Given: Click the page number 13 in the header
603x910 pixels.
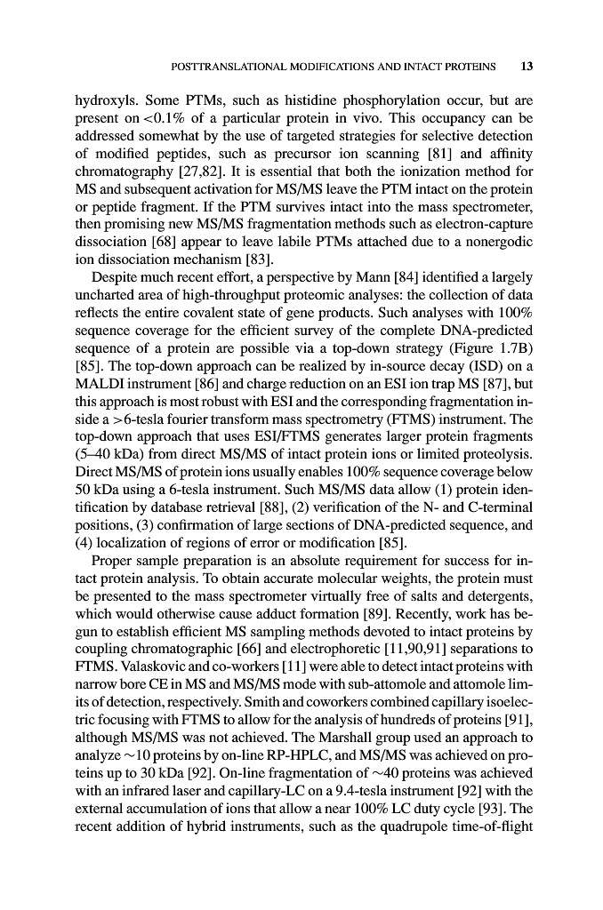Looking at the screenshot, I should click(x=526, y=67).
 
